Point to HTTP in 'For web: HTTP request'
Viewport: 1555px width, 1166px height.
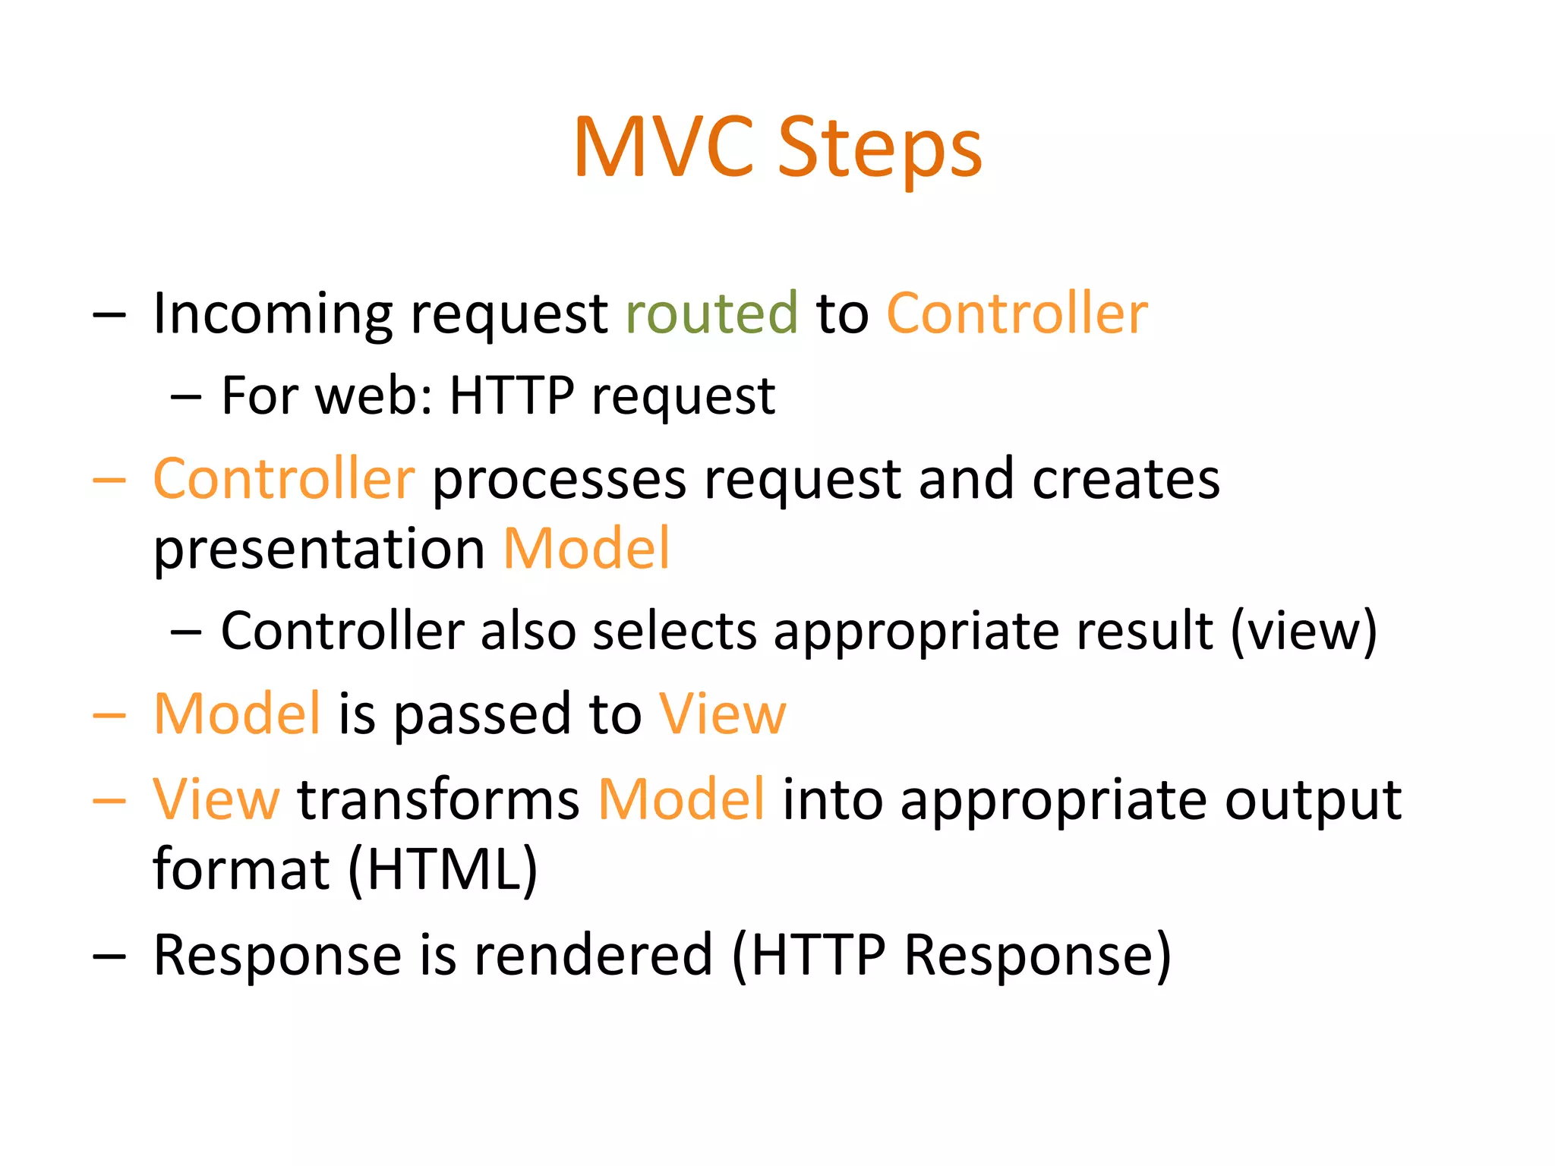[x=511, y=395]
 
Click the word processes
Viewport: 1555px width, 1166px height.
[x=559, y=481]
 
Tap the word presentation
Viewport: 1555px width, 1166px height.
[x=319, y=550]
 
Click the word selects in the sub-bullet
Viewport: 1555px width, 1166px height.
[x=674, y=631]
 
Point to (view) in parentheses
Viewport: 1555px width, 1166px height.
[x=1303, y=631]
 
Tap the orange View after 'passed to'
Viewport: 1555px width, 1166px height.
[x=722, y=714]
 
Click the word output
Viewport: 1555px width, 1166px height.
[x=1313, y=801]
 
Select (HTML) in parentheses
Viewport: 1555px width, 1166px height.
[x=443, y=870]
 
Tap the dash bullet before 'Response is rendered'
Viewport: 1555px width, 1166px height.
[x=109, y=956]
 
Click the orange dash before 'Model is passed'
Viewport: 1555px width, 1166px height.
[x=109, y=716]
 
